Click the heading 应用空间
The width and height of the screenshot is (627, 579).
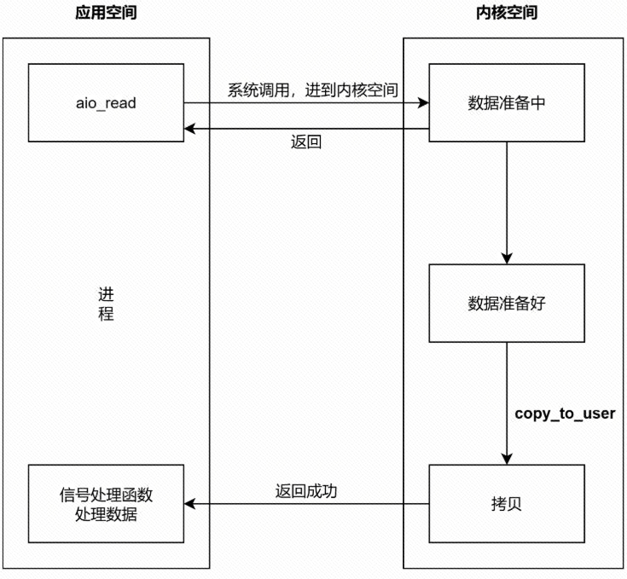pos(105,14)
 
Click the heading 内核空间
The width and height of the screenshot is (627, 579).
pos(507,14)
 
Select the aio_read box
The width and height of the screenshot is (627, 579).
pos(106,102)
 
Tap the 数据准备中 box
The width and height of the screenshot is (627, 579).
pos(507,102)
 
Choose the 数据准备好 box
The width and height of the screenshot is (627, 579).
pos(507,304)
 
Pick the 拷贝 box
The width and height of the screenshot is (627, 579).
pos(507,504)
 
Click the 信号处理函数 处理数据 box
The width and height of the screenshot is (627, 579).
pos(106,504)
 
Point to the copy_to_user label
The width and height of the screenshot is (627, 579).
pos(565,414)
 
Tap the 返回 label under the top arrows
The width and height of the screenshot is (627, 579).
pos(306,142)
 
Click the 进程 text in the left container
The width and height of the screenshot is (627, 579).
pos(106,304)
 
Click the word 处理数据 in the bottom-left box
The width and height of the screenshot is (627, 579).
pos(106,515)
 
